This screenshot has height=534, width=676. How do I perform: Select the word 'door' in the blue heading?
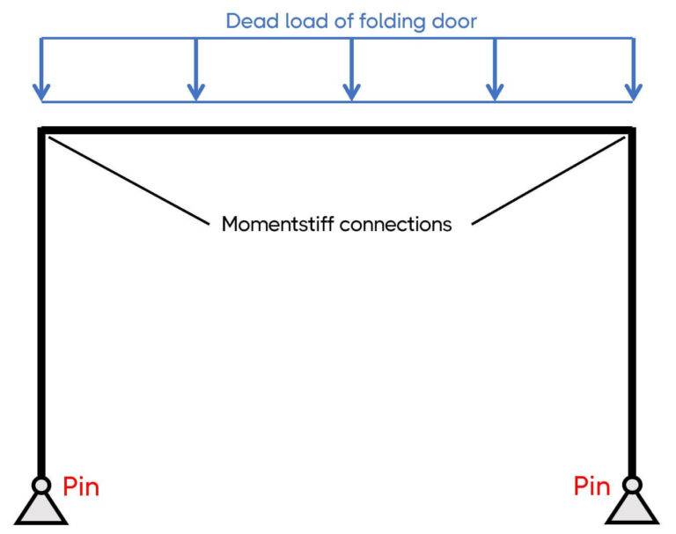click(452, 21)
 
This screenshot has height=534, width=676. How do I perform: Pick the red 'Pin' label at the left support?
click(81, 486)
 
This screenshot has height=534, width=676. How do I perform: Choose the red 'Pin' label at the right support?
click(592, 486)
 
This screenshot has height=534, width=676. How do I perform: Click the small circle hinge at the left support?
click(41, 485)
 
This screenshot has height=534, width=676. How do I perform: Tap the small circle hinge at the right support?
click(632, 485)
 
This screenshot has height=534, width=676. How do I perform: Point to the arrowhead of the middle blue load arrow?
click(351, 91)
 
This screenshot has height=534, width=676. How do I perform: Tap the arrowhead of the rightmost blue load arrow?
click(633, 91)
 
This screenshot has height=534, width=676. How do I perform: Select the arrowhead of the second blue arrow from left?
click(195, 91)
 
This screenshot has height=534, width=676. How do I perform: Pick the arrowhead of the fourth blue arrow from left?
click(495, 91)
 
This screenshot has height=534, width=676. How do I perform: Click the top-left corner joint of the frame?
click(42, 131)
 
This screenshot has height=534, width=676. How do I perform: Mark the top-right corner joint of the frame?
click(631, 131)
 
